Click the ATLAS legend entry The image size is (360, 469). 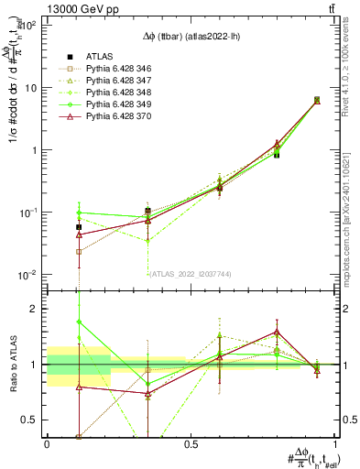pyautogui.click(x=100, y=55)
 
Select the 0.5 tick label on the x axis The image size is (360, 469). pyautogui.click(x=191, y=444)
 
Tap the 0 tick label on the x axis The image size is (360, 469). pyautogui.click(x=47, y=444)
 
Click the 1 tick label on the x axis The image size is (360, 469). pyautogui.click(x=334, y=444)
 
